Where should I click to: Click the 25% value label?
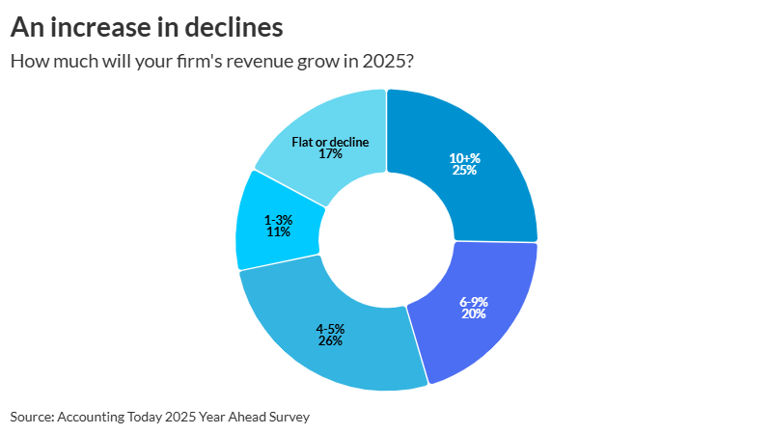coord(464,171)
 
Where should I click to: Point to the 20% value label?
coord(473,313)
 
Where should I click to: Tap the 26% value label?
coord(329,340)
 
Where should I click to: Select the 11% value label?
coord(278,232)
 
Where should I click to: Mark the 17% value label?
coord(330,153)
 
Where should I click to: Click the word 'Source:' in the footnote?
coord(32,417)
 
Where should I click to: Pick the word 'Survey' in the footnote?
coord(289,417)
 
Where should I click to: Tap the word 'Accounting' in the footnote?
coord(89,417)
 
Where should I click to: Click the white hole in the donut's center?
coord(386,240)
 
